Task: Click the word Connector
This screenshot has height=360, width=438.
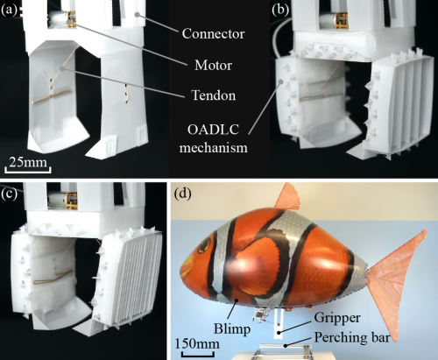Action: (x=213, y=34)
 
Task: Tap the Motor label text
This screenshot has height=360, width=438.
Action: (x=213, y=65)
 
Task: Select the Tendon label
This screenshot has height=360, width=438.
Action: (x=213, y=95)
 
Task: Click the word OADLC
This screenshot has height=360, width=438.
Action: (x=213, y=130)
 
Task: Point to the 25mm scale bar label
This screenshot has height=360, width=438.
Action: (x=28, y=162)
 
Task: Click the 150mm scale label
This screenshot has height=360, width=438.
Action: (x=197, y=343)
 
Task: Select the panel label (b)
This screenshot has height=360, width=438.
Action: (x=280, y=10)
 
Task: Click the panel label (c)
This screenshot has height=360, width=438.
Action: (x=9, y=194)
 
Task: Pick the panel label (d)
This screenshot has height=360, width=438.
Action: (x=183, y=194)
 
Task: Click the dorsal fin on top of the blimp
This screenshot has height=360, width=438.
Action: (x=288, y=197)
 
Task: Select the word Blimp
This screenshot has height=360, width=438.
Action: (x=232, y=328)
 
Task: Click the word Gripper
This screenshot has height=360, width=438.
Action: (x=337, y=318)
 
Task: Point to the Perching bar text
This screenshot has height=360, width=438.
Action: (x=352, y=338)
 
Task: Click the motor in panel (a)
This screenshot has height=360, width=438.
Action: (x=62, y=19)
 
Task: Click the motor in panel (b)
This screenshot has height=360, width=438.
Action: (x=333, y=21)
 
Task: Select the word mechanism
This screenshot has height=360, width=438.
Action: (x=214, y=147)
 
